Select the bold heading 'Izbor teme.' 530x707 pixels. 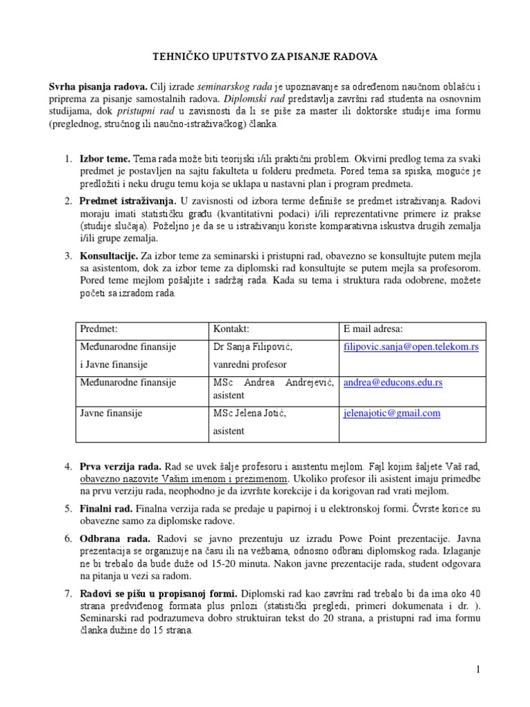click(105, 159)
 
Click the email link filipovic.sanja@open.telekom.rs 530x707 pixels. click(411, 347)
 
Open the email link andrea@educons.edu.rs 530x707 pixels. click(393, 382)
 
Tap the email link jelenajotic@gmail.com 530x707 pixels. click(391, 414)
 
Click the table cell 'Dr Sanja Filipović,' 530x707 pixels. click(255, 347)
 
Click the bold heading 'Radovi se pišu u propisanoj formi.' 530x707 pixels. click(159, 594)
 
